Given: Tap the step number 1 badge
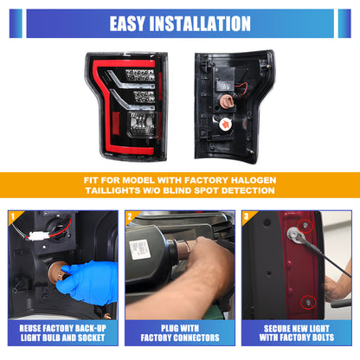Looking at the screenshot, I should pos(12,216).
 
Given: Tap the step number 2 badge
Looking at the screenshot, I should pos(129,216).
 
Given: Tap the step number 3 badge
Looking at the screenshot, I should pos(247,216).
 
